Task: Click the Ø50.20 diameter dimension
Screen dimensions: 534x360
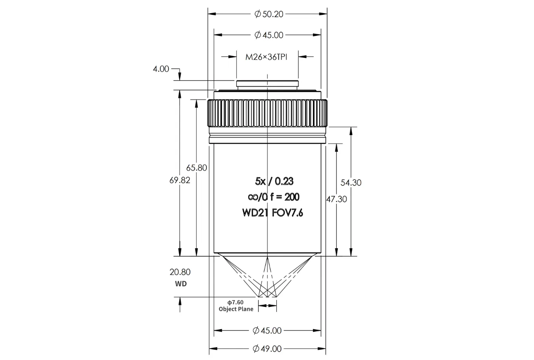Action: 269,14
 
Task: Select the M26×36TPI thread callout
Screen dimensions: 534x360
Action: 266,57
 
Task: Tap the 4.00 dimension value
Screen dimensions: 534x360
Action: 161,69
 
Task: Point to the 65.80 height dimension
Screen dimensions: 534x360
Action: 197,168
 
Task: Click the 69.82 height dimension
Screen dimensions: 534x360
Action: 180,180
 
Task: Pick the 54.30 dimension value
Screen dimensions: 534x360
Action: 351,183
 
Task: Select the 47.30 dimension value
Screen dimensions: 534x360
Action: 336,199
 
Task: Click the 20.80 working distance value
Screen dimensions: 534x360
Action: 180,272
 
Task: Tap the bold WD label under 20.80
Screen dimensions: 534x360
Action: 181,284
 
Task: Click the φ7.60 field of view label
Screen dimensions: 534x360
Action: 235,303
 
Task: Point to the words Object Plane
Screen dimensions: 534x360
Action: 236,309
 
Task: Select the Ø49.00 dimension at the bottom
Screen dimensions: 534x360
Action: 267,349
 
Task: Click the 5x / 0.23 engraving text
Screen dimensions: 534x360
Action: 274,181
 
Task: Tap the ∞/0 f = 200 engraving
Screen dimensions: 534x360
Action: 273,197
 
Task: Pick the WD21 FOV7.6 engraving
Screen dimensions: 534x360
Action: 272,213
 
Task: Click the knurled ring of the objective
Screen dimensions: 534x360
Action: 267,113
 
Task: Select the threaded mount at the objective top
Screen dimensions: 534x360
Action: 267,85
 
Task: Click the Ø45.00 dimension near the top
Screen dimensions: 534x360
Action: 269,35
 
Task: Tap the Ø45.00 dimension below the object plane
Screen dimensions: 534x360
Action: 267,331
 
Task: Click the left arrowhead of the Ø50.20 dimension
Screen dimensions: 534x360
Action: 212,14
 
